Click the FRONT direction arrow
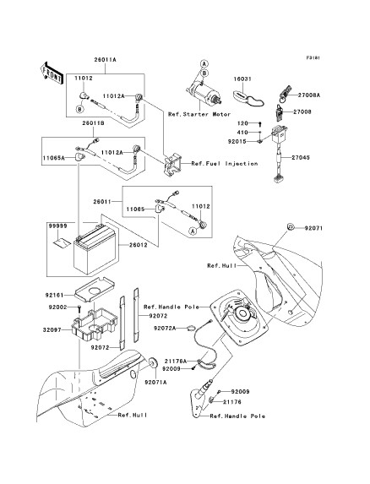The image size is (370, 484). (x=52, y=73)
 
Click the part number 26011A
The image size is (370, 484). (x=106, y=60)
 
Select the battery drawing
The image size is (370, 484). (x=95, y=249)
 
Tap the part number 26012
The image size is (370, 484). (x=138, y=245)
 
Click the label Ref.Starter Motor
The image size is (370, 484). (x=199, y=114)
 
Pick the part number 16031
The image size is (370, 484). (x=242, y=79)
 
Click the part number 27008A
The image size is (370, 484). (x=309, y=95)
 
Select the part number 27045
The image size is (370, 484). (x=301, y=157)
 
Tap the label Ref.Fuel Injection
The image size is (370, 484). (x=225, y=163)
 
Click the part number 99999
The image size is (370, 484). (x=57, y=226)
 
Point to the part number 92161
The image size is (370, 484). (x=54, y=295)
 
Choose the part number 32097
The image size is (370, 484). (x=52, y=330)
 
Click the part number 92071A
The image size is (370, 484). (x=155, y=382)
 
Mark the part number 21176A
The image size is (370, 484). (x=176, y=361)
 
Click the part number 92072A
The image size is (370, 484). (x=165, y=328)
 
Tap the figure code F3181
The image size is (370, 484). (x=313, y=57)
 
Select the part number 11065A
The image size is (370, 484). (x=54, y=158)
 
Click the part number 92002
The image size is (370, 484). (x=57, y=307)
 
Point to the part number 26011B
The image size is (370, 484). (x=93, y=123)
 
